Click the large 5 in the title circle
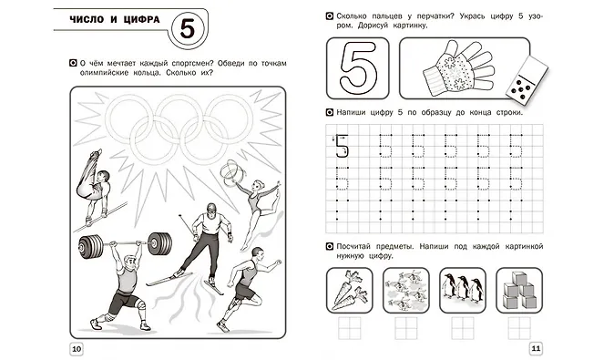pos(188,28)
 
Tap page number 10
pos(77,349)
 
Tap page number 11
pos(536,348)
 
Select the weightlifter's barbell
pos(125,244)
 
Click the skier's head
pos(211,210)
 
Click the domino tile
pos(527,81)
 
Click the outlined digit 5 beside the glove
pos(358,67)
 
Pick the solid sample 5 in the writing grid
pos(342,147)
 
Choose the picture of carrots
pos(349,290)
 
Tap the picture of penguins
pos(463,290)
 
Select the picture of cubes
pos(519,290)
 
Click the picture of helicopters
pos(406,290)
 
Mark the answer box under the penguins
pos(463,328)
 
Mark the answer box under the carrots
pos(349,328)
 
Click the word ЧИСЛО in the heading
pos(87,19)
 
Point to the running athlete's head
pos(257,253)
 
